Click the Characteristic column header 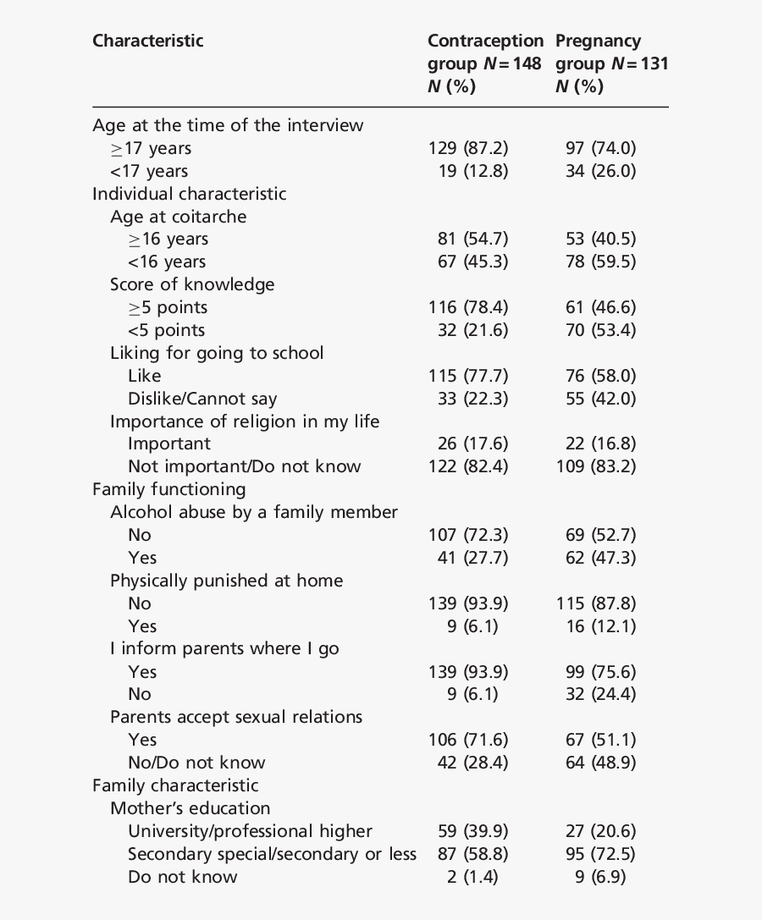click(148, 41)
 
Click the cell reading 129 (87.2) click(468, 148)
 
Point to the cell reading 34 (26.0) click(600, 171)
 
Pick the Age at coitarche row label click(178, 217)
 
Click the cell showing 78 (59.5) click(600, 262)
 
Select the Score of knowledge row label click(192, 284)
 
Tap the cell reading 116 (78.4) click(468, 307)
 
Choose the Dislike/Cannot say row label click(202, 399)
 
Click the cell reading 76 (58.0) click(600, 376)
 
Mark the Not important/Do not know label click(244, 466)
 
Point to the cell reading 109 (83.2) click(596, 466)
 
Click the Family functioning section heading click(169, 489)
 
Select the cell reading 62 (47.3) click(600, 558)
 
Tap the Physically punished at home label click(226, 581)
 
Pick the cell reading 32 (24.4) click(600, 694)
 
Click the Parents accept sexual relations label click(236, 717)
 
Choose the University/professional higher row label click(250, 831)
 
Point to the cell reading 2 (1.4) click(472, 877)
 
